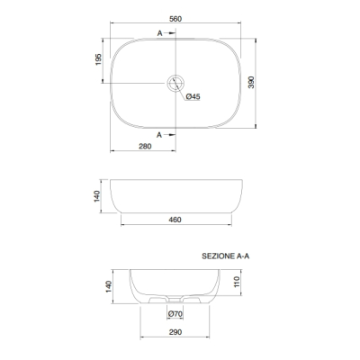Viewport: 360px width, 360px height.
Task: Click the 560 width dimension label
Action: pos(175,19)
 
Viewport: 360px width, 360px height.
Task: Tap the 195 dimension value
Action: pos(98,59)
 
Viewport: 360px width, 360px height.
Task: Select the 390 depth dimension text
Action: pos(251,82)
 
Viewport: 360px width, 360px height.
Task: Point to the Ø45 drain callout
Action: pos(193,96)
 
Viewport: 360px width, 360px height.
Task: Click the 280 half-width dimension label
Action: pos(145,147)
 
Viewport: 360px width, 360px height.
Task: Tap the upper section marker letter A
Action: pos(160,33)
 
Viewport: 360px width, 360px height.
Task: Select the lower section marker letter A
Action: pos(159,135)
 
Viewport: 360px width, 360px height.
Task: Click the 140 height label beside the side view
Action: pos(97,196)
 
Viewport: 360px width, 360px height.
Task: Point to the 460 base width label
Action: pos(175,220)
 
